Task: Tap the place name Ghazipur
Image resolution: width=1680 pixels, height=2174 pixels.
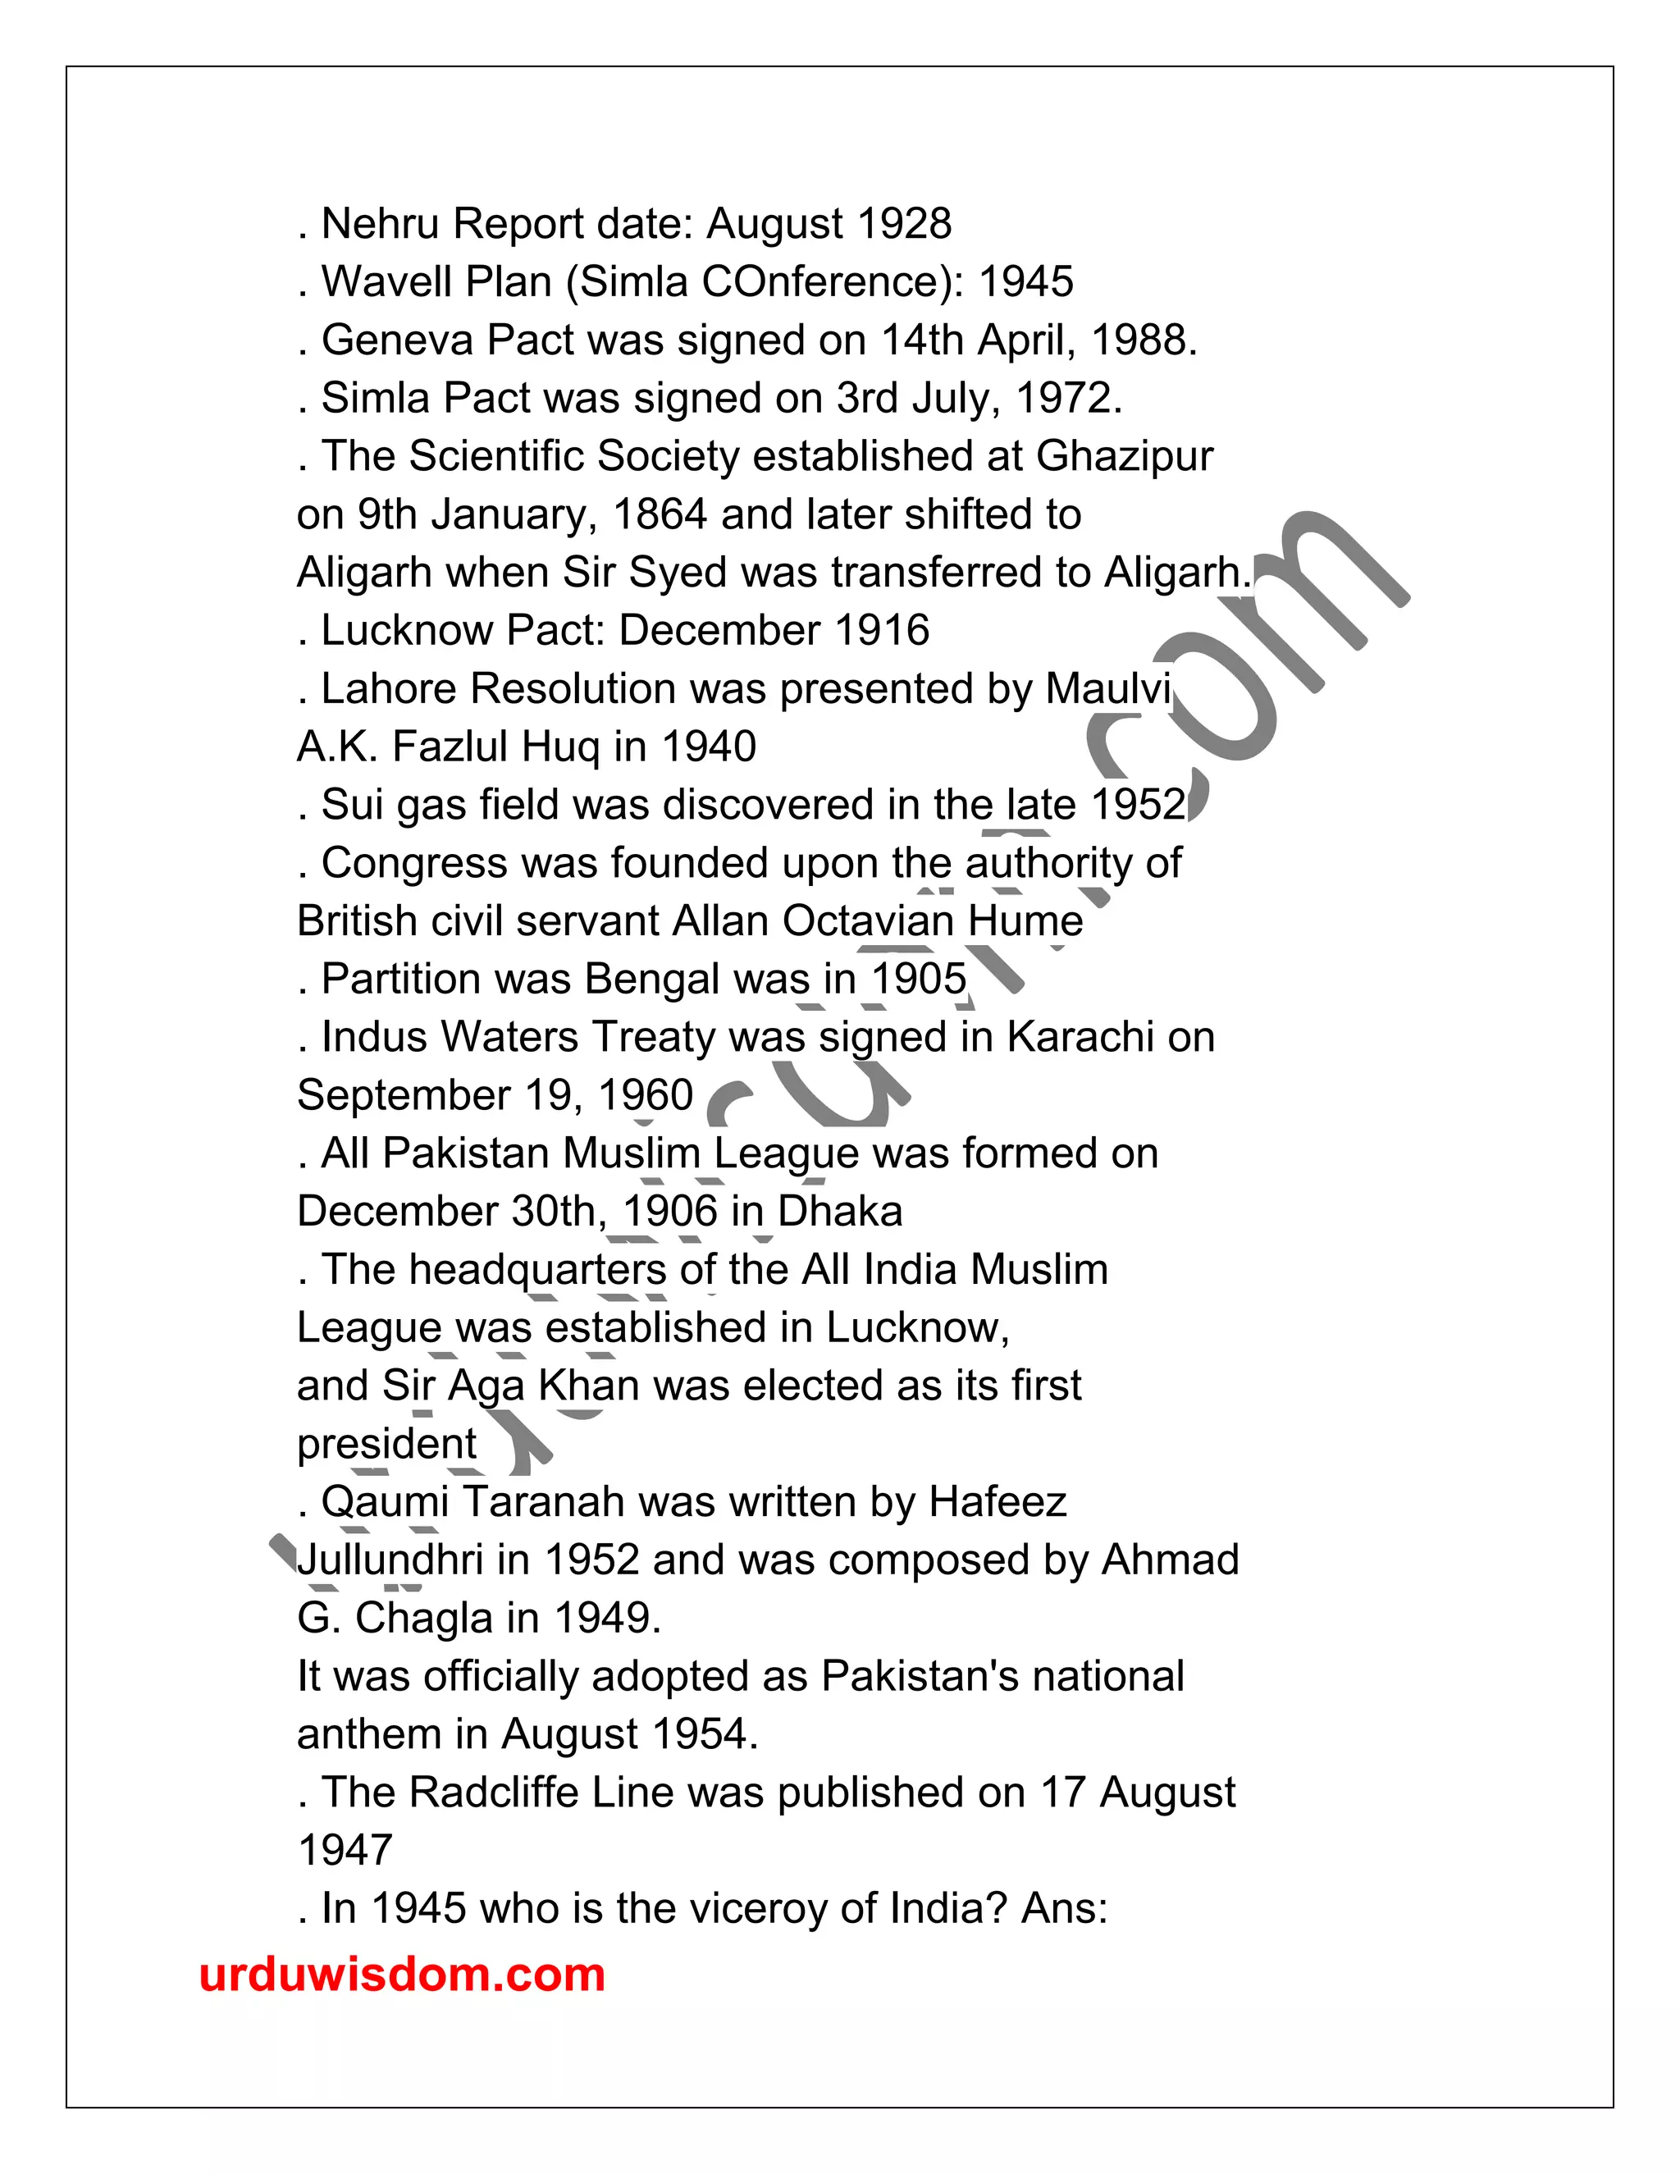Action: [1125, 457]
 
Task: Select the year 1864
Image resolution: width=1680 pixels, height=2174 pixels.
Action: [659, 514]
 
